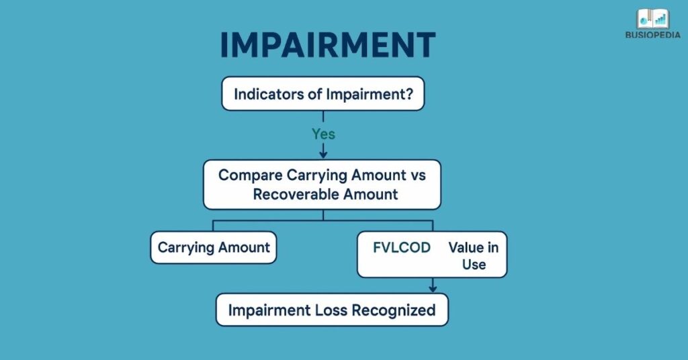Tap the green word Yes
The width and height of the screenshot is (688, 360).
click(x=323, y=134)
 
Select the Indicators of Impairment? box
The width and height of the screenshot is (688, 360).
click(x=323, y=94)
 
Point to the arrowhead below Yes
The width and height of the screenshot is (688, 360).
click(x=323, y=154)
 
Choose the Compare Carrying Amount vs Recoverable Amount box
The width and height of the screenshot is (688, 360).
click(x=322, y=184)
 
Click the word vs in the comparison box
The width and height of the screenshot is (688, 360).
click(x=417, y=175)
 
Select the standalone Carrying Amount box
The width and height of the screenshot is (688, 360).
click(x=214, y=247)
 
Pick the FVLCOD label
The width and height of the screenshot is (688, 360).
click(x=402, y=247)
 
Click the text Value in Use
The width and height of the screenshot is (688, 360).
click(x=474, y=255)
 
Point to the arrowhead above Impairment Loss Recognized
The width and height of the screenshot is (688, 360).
click(x=433, y=289)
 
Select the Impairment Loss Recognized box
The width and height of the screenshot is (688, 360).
click(x=331, y=310)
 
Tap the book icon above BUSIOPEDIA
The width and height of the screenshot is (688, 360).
click(x=653, y=19)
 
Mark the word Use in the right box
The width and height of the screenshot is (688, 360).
click(x=474, y=264)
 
